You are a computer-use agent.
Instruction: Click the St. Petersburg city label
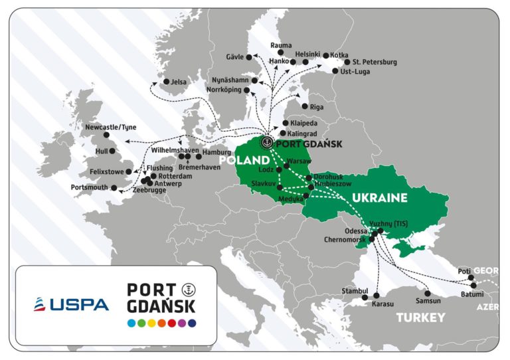375,62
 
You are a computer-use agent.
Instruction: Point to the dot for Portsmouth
113,188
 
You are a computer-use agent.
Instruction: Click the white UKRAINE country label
379,197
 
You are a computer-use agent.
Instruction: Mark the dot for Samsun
428,293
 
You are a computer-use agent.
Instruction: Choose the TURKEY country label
421,317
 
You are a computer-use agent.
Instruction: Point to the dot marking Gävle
249,58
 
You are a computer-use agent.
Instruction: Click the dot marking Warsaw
286,166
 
